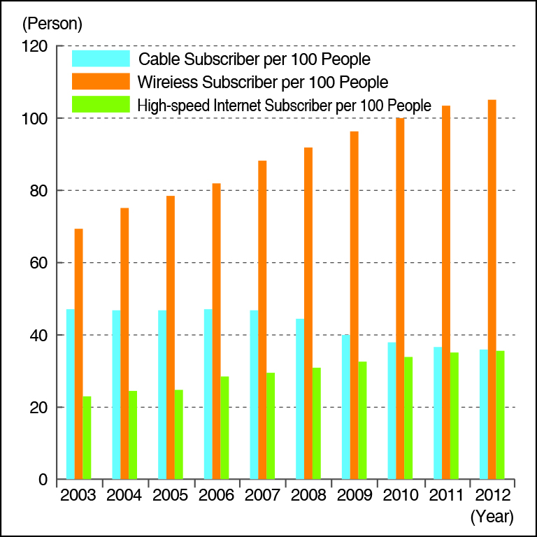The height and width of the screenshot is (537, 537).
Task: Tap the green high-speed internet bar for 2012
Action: (x=500, y=415)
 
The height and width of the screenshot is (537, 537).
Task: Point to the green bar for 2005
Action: (x=178, y=434)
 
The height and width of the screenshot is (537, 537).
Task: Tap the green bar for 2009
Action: (x=362, y=420)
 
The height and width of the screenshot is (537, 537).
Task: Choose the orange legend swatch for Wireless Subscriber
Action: (x=101, y=82)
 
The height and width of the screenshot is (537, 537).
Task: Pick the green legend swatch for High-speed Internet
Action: (x=101, y=105)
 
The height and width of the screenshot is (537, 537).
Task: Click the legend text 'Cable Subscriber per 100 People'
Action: (x=255, y=59)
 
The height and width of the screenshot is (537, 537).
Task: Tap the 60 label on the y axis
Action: (x=36, y=264)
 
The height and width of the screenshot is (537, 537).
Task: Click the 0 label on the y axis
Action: (x=42, y=480)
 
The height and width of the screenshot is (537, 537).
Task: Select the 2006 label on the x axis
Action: (x=216, y=496)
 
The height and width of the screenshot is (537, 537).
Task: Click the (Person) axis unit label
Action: (x=52, y=24)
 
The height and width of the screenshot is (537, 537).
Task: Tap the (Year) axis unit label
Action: (x=492, y=517)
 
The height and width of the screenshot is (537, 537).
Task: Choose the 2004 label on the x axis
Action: (x=124, y=496)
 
